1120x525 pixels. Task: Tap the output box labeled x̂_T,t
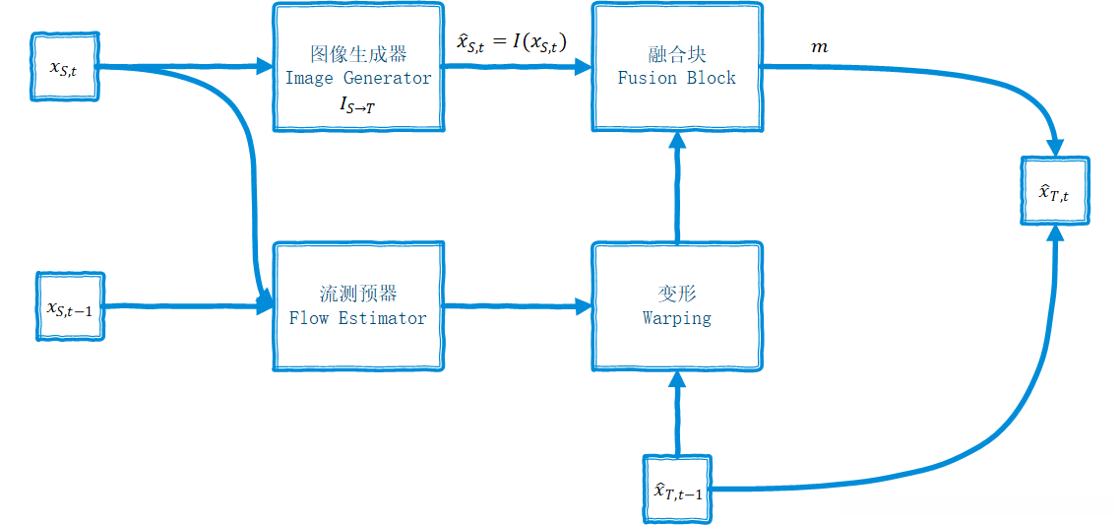pos(1055,191)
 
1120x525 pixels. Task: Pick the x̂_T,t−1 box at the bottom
pos(677,489)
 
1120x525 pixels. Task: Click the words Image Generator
pos(358,78)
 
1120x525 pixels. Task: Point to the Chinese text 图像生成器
pos(358,53)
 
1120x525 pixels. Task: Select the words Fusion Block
pos(676,78)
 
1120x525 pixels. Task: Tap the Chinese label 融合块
pos(677,53)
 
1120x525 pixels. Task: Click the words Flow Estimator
pos(358,318)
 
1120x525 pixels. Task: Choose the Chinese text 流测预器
pos(358,294)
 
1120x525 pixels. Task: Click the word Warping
pos(677,318)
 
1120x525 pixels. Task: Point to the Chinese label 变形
pos(677,294)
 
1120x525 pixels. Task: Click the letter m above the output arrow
pos(819,46)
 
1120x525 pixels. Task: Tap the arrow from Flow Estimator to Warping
pos(517,306)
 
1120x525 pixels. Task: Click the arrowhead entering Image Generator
pos(263,67)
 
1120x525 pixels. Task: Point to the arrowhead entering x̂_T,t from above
pos(1055,146)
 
